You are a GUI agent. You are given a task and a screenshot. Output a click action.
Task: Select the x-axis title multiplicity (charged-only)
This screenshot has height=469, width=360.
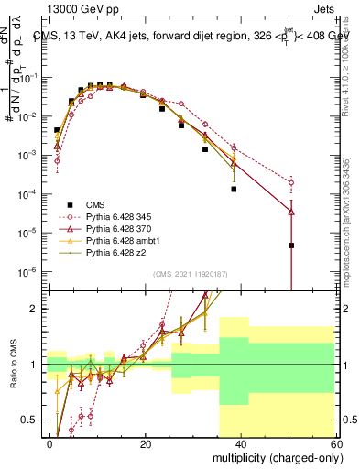coord(275,458)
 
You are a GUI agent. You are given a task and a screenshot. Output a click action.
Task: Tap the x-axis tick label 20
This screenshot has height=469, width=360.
coord(145,444)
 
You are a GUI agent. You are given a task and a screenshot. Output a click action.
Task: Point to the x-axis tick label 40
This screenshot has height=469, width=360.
coord(240,444)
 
